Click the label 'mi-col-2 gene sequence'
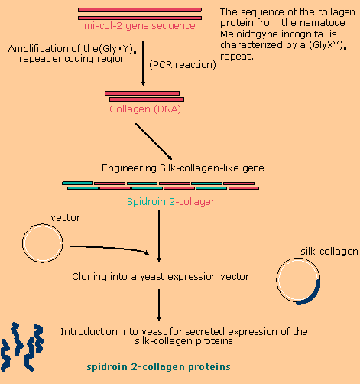tap(140, 26)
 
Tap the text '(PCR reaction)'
tap(183, 65)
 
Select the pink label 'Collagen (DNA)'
tap(145, 109)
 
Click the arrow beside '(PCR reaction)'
tap(143, 63)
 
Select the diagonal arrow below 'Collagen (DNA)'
tap(154, 142)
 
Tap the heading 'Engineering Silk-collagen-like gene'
tap(183, 168)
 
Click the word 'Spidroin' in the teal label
tap(146, 202)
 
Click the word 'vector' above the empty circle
tap(66, 218)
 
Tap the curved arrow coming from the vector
tap(109, 248)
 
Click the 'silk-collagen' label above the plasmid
tap(329, 252)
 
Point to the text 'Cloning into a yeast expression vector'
tap(161, 277)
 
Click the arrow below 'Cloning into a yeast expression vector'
tap(159, 304)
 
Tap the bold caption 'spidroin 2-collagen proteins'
tap(158, 367)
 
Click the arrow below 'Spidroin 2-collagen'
tap(159, 236)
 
